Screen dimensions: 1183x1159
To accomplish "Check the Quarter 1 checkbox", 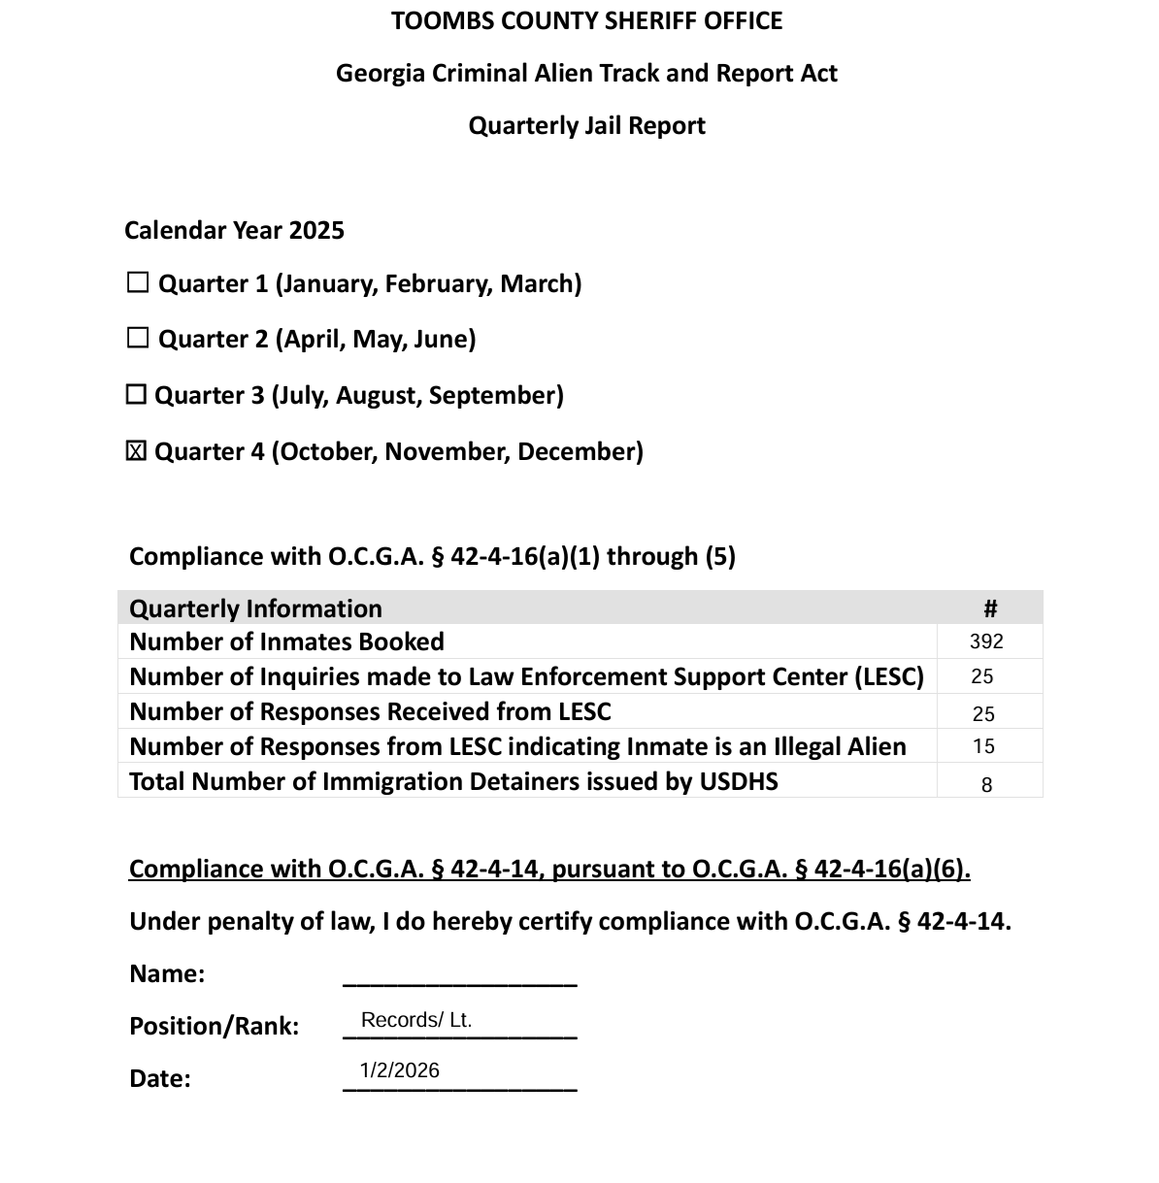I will (x=138, y=283).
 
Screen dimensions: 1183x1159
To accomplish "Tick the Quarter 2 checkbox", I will (x=138, y=339).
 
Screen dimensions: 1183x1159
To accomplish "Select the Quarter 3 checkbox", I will (x=137, y=395).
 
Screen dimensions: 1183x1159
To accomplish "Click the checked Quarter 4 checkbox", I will (x=137, y=451).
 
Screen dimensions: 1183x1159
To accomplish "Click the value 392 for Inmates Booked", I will (x=986, y=641).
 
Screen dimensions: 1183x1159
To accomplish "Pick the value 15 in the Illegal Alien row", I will (x=983, y=746).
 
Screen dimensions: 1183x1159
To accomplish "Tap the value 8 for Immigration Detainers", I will (x=986, y=785).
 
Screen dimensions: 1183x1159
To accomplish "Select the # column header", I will (x=990, y=608).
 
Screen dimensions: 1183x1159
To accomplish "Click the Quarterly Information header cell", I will (x=255, y=608).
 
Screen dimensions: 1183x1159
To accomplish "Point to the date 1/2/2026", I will (x=399, y=1070).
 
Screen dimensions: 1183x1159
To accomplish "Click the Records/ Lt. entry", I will (x=416, y=1020).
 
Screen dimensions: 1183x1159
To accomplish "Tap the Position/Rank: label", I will (x=214, y=1026).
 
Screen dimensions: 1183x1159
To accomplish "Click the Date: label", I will (x=159, y=1078).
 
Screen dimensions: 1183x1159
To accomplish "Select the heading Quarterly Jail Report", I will (x=586, y=125).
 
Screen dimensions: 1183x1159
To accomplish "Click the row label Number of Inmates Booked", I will (x=286, y=641).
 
